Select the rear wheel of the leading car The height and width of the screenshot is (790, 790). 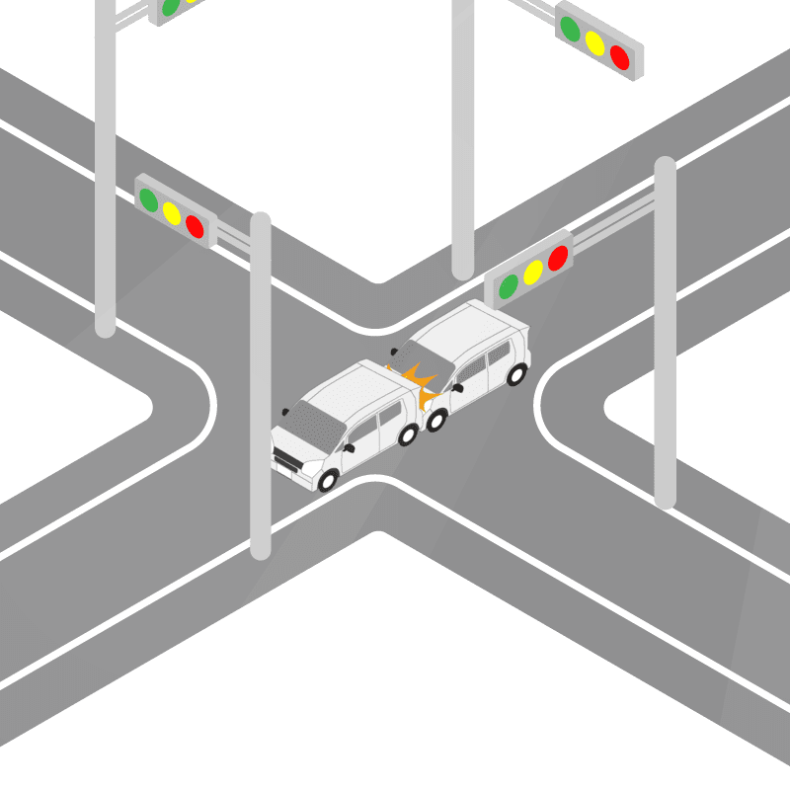pyautogui.click(x=407, y=434)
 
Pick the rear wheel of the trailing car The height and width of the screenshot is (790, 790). pyautogui.click(x=515, y=373)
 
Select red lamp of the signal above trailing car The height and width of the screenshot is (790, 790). pyautogui.click(x=558, y=258)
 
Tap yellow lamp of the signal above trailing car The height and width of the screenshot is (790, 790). pyautogui.click(x=533, y=272)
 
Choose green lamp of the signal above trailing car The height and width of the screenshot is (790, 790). pyautogui.click(x=509, y=286)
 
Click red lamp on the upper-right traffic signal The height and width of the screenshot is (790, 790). pyautogui.click(x=619, y=57)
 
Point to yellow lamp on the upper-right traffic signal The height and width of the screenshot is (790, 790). pyautogui.click(x=594, y=42)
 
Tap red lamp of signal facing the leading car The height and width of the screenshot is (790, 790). pyautogui.click(x=195, y=227)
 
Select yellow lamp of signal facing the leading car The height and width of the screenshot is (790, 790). pyautogui.click(x=172, y=213)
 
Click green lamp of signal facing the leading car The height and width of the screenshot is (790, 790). pyautogui.click(x=149, y=200)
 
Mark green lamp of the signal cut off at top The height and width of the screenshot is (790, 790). pyautogui.click(x=170, y=6)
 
